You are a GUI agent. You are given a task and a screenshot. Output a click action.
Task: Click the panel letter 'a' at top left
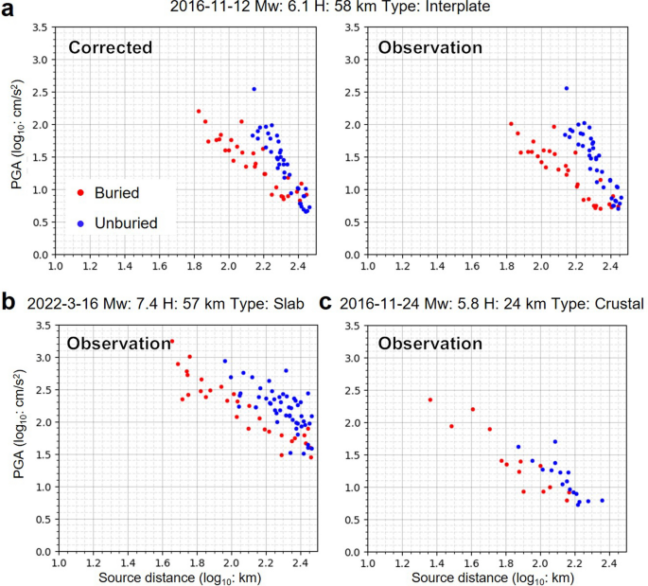tap(9, 9)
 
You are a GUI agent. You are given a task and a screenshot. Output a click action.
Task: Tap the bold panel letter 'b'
tap(9, 303)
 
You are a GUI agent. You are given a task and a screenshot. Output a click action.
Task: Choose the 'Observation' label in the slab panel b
tap(119, 345)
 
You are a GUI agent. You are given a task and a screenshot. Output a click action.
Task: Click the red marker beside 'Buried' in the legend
tap(79, 192)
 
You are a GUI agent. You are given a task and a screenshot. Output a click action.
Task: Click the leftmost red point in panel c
tap(430, 400)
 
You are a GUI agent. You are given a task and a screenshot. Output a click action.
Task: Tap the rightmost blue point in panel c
tap(602, 501)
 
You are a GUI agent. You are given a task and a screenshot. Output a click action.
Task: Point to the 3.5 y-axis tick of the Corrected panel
tap(41, 24)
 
